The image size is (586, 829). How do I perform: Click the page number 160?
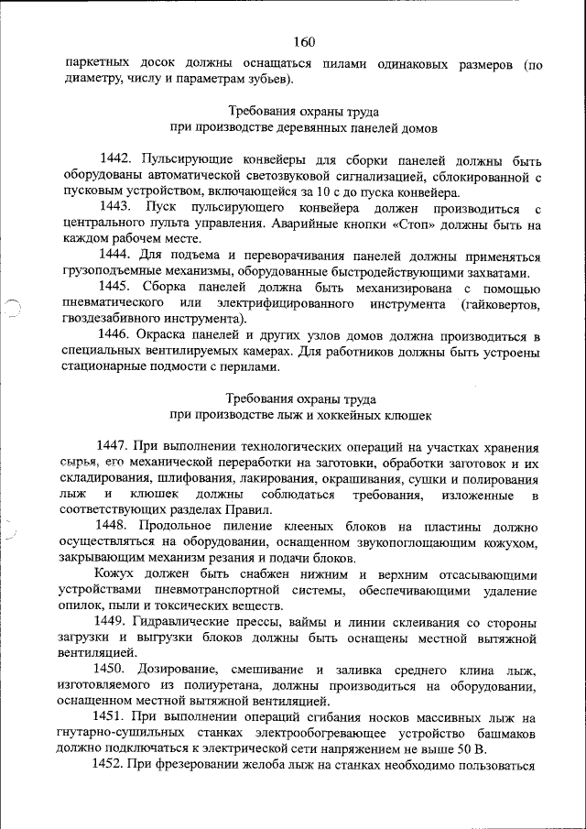pos(304,41)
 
